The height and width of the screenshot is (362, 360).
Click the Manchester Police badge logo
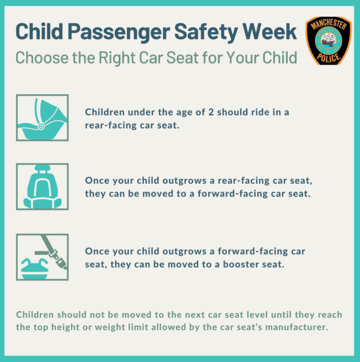(328, 41)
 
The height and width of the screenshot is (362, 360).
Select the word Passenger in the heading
(119, 33)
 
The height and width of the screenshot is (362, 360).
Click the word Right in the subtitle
(117, 58)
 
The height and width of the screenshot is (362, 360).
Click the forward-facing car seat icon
(42, 187)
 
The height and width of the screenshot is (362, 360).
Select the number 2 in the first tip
(211, 112)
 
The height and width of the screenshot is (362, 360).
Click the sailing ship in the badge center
(328, 41)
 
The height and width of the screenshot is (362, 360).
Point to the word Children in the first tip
(105, 112)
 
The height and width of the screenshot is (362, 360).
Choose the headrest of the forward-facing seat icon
(42, 168)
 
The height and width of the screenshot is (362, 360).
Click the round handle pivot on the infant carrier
(41, 126)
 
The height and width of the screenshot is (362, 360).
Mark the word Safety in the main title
(206, 33)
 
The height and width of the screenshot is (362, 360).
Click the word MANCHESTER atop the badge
(328, 24)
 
